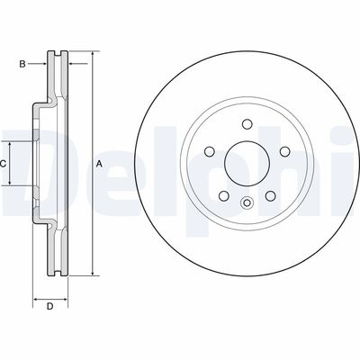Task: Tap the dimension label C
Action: click(x=4, y=163)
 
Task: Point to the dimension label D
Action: click(x=50, y=308)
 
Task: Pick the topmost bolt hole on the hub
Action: click(x=246, y=126)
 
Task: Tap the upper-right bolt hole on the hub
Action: click(x=281, y=152)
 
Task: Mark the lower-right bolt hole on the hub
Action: click(x=267, y=193)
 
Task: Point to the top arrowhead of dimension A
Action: click(x=92, y=55)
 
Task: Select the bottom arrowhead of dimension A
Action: click(x=92, y=274)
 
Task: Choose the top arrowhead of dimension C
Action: click(x=13, y=145)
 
